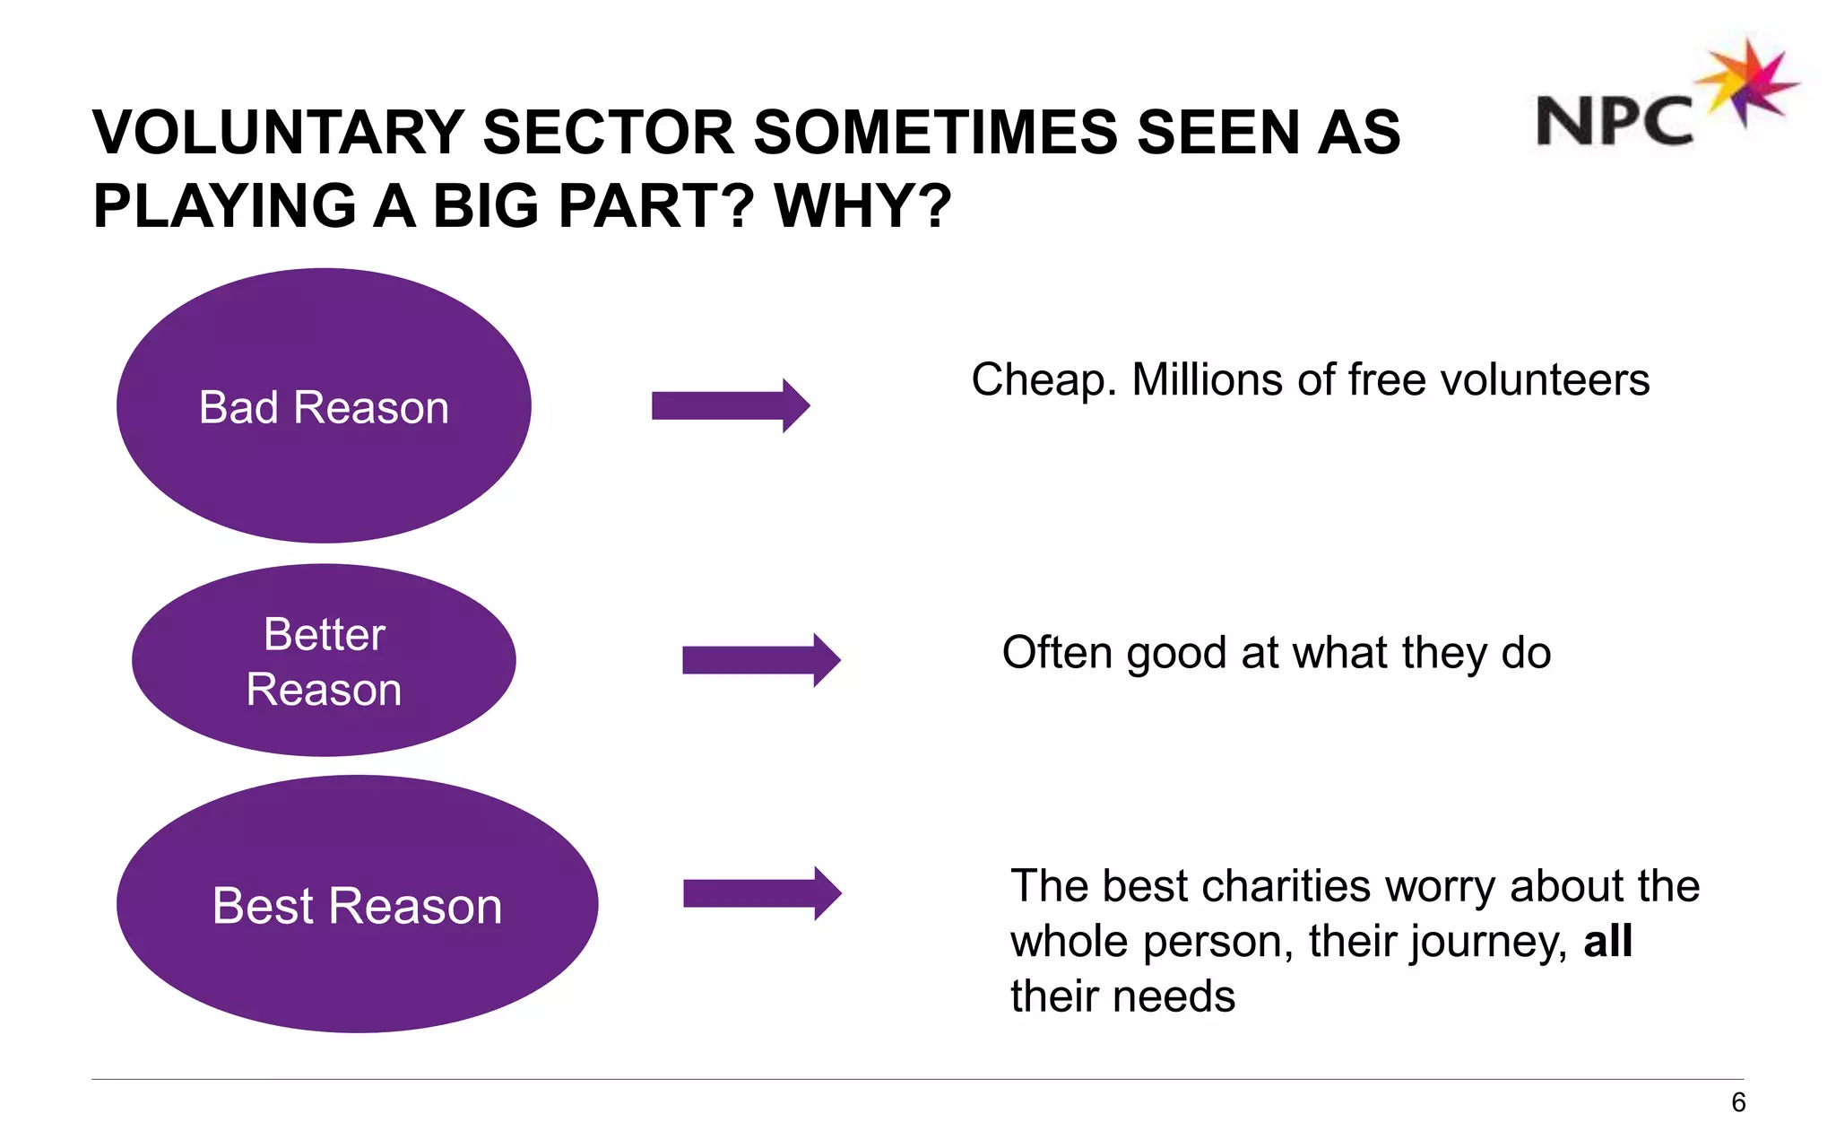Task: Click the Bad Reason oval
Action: tap(324, 405)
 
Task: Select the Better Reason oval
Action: tap(324, 661)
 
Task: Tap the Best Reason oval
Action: tap(357, 904)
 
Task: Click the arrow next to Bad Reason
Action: tap(731, 405)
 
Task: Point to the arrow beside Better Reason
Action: tap(761, 660)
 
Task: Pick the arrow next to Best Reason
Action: tap(762, 893)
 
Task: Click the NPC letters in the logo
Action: tap(1615, 121)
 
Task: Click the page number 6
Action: tap(1738, 1102)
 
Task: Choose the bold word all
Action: tap(1607, 942)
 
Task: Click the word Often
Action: tap(1057, 653)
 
